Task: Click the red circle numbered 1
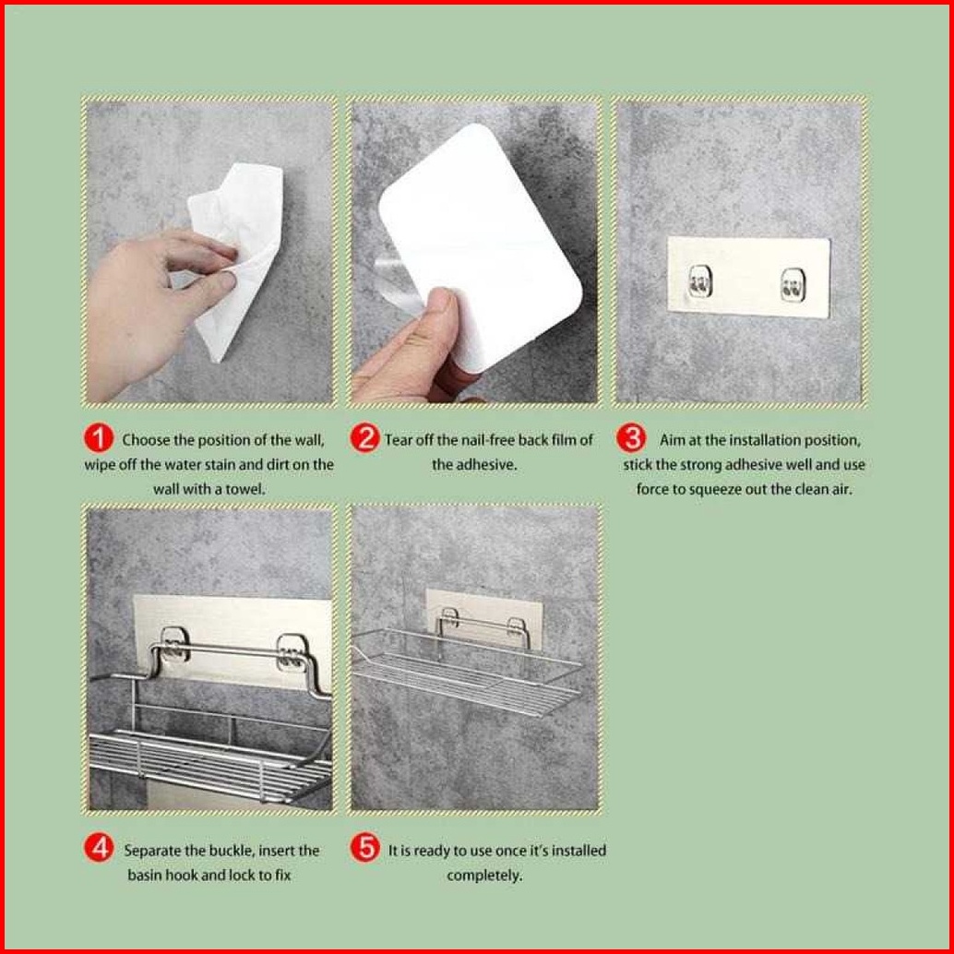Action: [x=99, y=438]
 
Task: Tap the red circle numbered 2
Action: [x=365, y=438]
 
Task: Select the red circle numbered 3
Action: [x=631, y=438]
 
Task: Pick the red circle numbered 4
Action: [x=99, y=848]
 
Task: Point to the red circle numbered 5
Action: [x=365, y=848]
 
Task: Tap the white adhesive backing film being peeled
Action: [x=481, y=244]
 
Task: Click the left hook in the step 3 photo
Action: [x=699, y=282]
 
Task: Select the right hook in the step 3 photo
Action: [x=793, y=285]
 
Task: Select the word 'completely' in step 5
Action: [x=484, y=876]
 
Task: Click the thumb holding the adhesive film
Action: [x=436, y=323]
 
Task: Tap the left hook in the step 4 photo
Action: [x=174, y=646]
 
